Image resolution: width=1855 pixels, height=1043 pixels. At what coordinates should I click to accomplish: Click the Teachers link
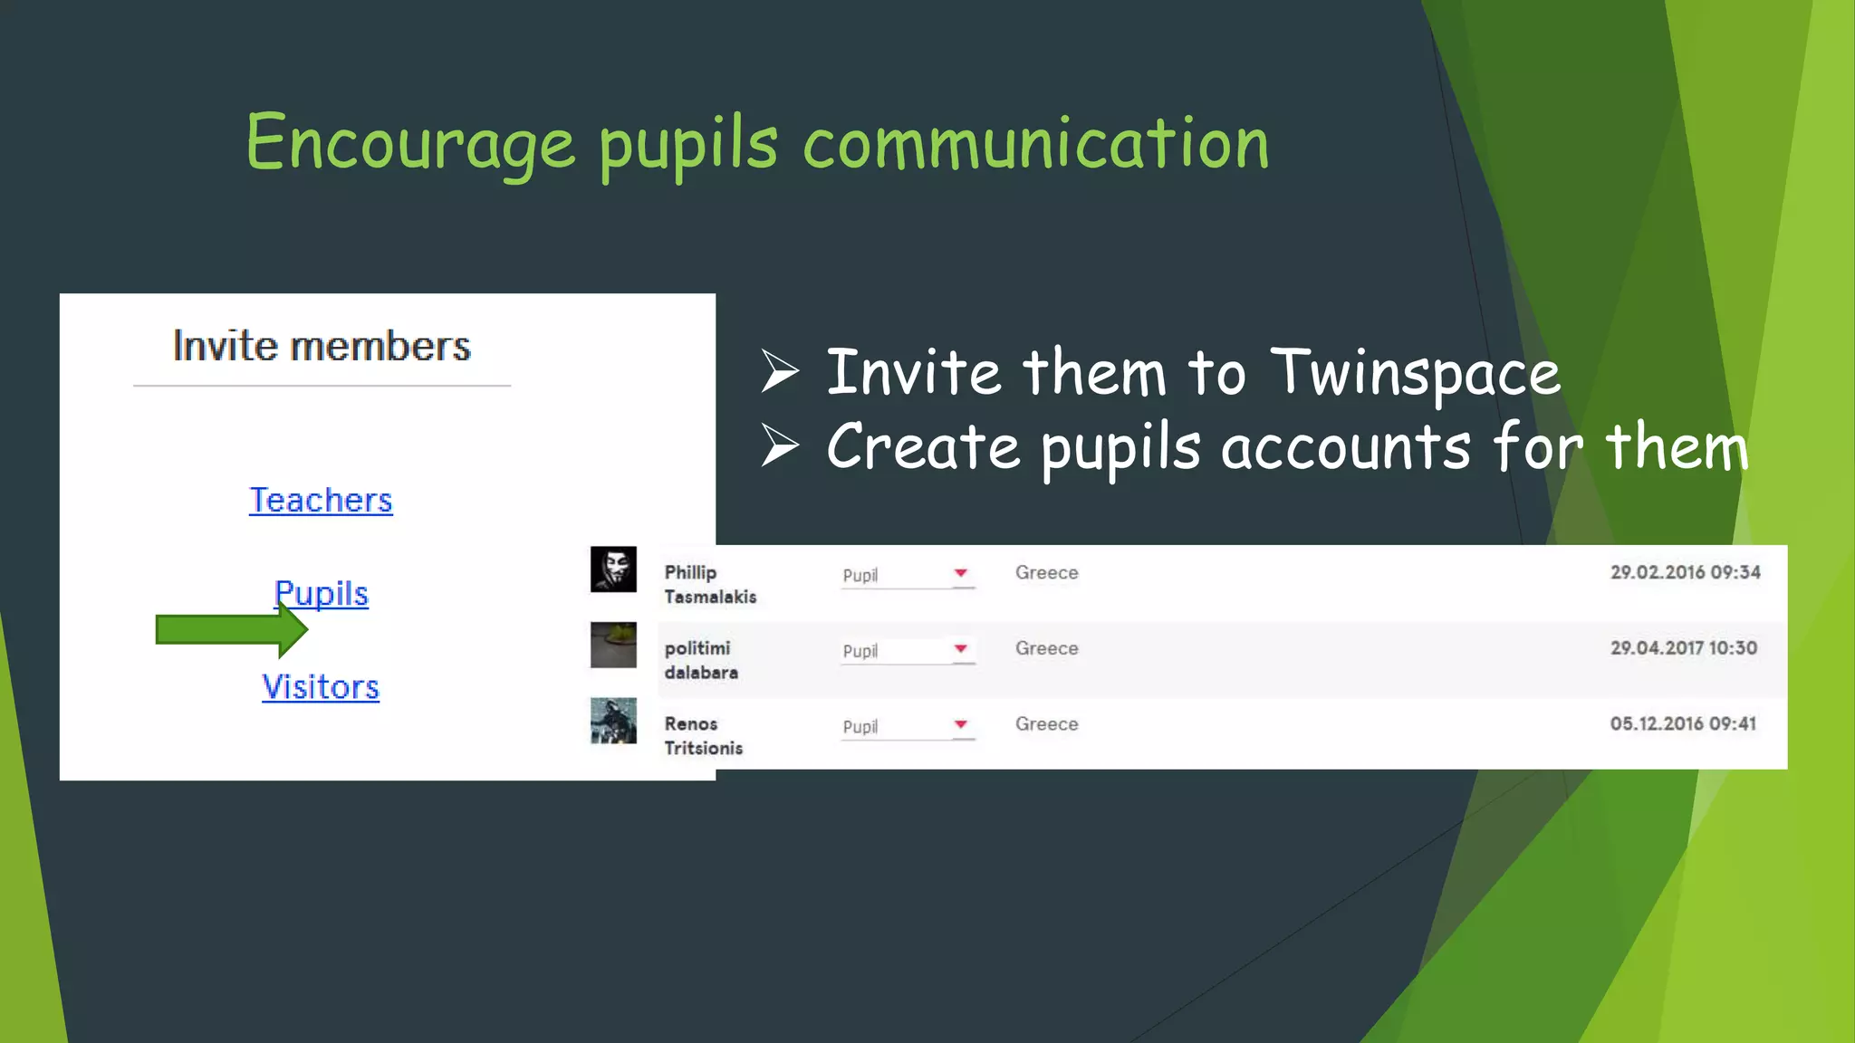pos(321,501)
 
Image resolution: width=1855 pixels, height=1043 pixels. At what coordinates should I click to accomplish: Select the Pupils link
pos(322,594)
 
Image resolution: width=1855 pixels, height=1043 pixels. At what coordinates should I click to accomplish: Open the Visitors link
pos(321,687)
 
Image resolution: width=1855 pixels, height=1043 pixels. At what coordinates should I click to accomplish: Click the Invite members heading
pos(322,347)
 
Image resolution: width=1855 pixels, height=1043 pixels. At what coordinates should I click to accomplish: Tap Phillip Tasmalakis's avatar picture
pos(613,569)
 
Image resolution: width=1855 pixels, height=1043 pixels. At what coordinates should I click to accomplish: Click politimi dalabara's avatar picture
pos(613,645)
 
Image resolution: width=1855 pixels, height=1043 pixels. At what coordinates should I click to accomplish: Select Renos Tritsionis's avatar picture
pos(613,721)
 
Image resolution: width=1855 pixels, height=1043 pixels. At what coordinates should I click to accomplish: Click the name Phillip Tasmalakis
pos(710,585)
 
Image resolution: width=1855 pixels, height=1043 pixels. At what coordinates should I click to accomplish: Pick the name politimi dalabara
pos(701,660)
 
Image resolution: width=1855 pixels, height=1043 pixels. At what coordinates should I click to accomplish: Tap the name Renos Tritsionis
pos(704,736)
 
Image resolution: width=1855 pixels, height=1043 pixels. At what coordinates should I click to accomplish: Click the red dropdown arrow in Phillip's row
pos(961,573)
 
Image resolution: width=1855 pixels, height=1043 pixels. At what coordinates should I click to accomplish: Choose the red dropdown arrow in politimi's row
pos(961,648)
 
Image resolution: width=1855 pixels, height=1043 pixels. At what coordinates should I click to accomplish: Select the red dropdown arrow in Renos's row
pos(961,724)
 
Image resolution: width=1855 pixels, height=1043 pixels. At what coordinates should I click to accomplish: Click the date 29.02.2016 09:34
pos(1685,572)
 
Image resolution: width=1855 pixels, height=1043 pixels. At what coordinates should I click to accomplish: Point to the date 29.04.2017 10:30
pos(1683,648)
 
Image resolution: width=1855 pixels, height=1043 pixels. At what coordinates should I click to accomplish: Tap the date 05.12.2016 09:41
pos(1683,723)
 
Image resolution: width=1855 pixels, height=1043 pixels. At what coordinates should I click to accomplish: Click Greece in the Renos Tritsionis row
pos(1046,724)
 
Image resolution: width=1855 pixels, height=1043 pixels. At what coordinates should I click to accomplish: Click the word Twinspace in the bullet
pos(1415,373)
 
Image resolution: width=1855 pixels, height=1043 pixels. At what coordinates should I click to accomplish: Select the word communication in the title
pos(1036,145)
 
